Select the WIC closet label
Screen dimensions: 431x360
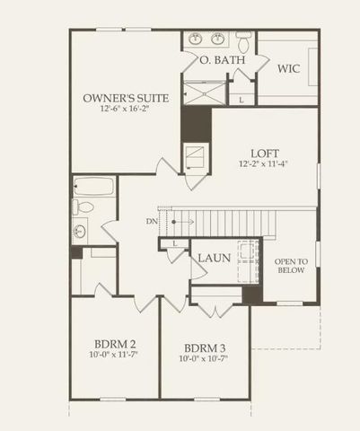(288, 68)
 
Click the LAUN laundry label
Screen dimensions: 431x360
(215, 258)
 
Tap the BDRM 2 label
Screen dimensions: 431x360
(114, 345)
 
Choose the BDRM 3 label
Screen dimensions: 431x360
(205, 348)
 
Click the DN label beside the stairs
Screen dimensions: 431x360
(151, 220)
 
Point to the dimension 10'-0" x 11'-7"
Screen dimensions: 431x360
(114, 356)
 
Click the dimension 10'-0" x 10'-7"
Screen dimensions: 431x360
(205, 360)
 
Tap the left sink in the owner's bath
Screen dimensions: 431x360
(196, 39)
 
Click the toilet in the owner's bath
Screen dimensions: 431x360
(243, 40)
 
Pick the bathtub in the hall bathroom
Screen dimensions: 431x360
(93, 187)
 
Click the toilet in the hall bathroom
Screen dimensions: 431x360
(83, 207)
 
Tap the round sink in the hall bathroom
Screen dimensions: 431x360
(79, 231)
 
